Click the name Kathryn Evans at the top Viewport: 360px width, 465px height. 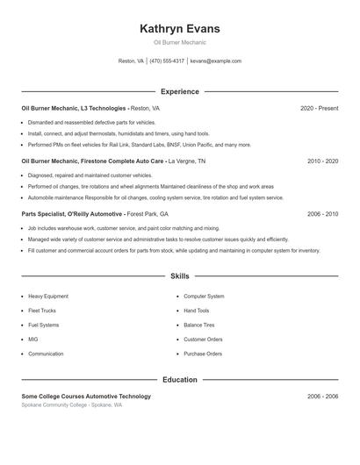[179, 29]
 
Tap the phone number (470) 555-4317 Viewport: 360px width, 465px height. [167, 61]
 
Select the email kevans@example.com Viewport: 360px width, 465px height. [215, 61]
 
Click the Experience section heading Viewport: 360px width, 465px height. [179, 91]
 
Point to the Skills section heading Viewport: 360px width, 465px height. [179, 276]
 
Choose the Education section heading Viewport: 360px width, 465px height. [179, 380]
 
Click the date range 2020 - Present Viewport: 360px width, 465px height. [319, 108]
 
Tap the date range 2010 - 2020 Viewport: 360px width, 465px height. [322, 161]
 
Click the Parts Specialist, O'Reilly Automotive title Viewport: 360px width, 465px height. [73, 214]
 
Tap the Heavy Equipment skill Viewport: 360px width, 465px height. [47, 297]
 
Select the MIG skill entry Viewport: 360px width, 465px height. [33, 340]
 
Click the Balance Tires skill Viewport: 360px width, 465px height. [199, 325]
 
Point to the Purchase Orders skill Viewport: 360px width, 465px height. [202, 354]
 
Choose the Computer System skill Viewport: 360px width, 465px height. [204, 297]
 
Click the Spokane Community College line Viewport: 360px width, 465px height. [72, 405]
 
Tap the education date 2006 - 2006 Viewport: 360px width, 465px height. [322, 397]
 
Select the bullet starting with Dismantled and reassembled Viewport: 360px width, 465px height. [92, 123]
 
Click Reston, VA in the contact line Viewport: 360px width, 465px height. [131, 61]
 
